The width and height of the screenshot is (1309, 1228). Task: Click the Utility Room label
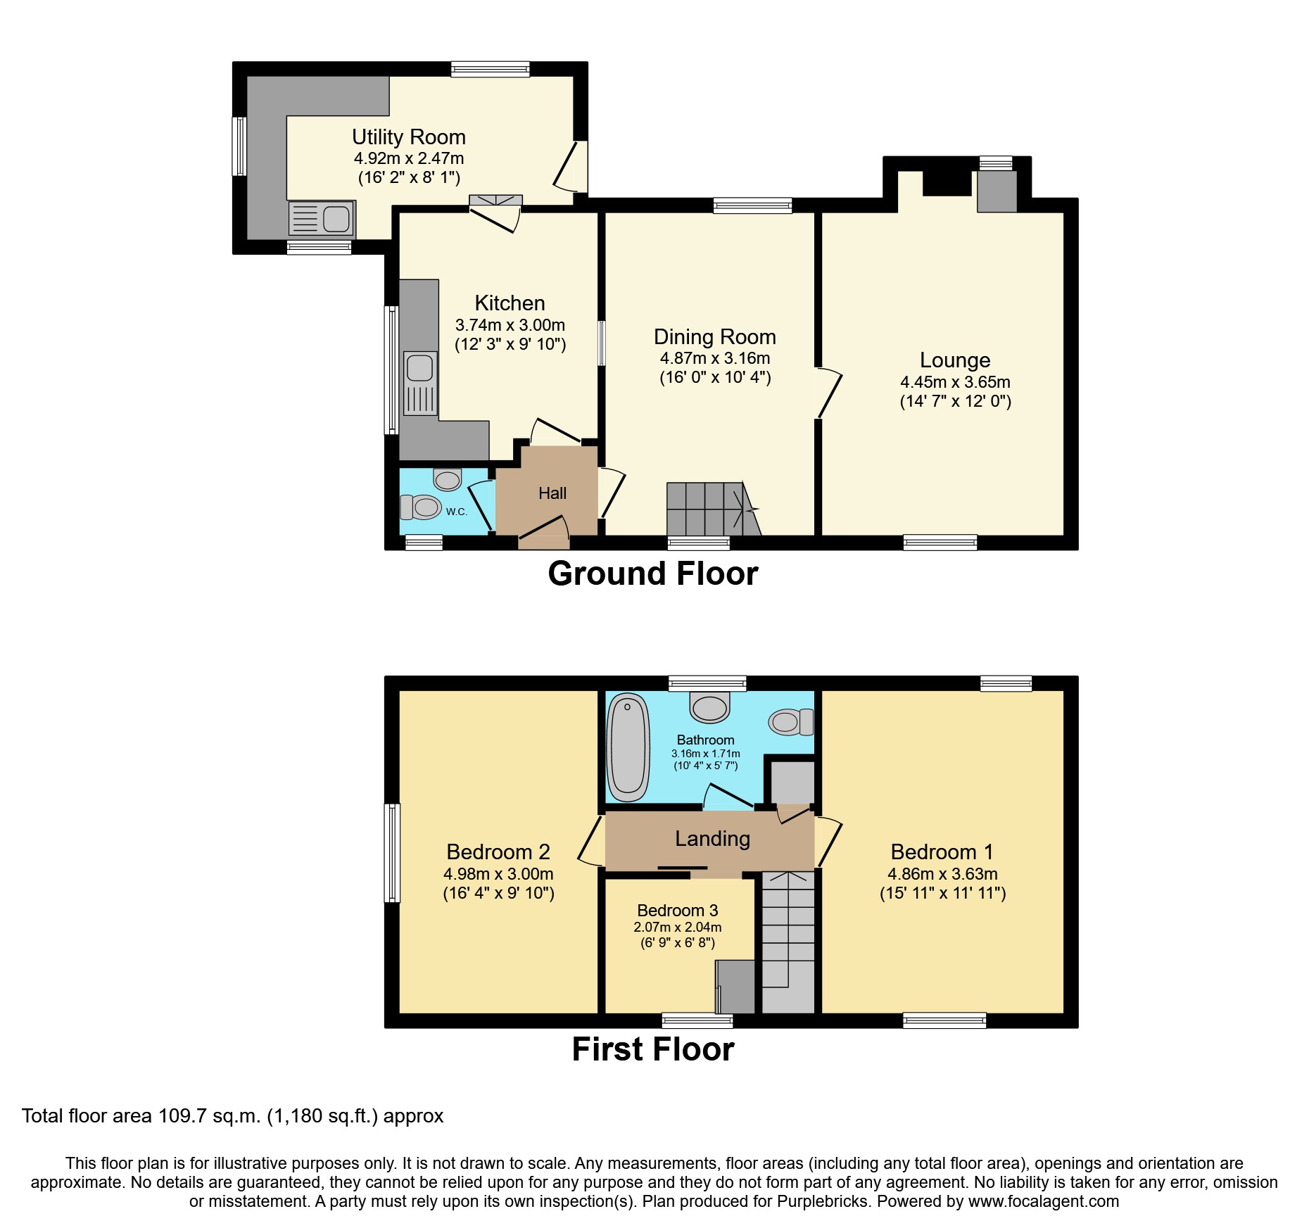click(408, 137)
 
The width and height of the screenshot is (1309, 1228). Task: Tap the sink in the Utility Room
click(322, 218)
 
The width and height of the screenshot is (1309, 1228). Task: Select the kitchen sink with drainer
click(420, 384)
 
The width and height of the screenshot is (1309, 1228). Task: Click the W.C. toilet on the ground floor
click(420, 507)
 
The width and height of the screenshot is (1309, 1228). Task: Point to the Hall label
click(552, 493)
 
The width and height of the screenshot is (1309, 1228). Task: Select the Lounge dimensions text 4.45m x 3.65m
click(955, 382)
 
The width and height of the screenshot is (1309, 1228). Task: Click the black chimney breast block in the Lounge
click(946, 182)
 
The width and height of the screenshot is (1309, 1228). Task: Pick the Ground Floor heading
click(652, 574)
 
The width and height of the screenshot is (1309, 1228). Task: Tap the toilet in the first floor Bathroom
click(790, 722)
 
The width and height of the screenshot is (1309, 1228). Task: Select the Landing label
click(712, 838)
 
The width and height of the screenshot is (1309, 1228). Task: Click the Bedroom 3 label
click(677, 911)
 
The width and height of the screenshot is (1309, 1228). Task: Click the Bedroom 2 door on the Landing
click(590, 840)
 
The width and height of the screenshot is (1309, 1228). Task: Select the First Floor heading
click(652, 1049)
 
